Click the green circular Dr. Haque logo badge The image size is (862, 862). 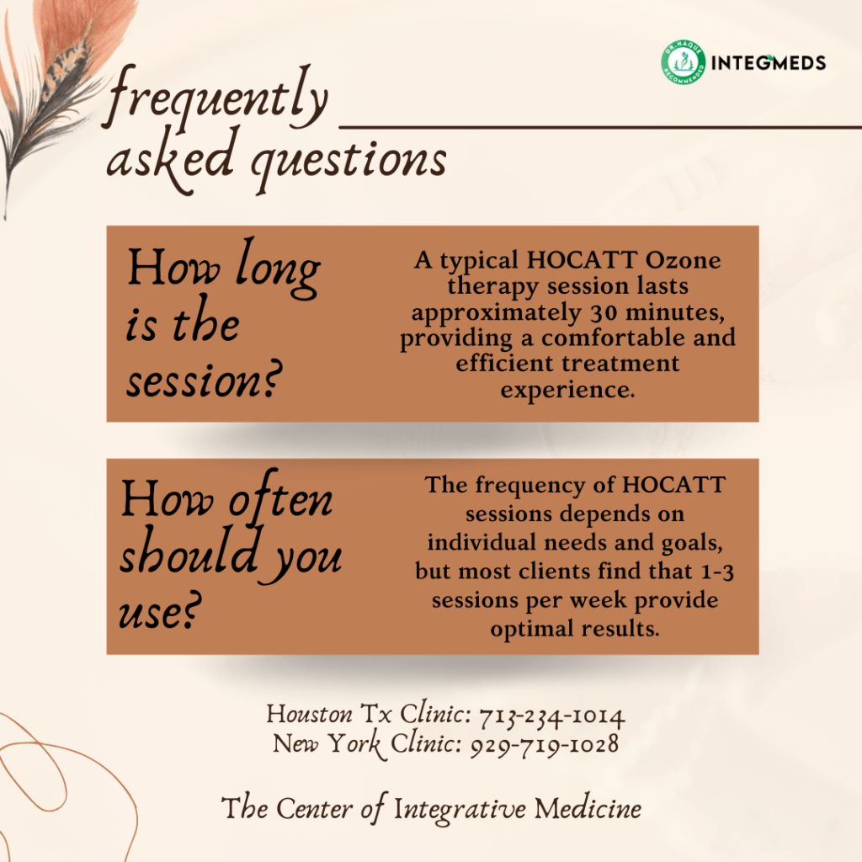pos(684,62)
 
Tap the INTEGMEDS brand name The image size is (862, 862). pos(768,63)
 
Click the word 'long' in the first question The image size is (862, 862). pos(278,270)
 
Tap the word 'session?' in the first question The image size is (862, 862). pos(204,380)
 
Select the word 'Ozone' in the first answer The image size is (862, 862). pos(682,259)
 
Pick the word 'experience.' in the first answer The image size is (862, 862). pos(567,391)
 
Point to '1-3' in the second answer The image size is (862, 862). pos(718,572)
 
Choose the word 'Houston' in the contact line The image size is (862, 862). pos(310,715)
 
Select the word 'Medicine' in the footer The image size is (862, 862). pos(588,809)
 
